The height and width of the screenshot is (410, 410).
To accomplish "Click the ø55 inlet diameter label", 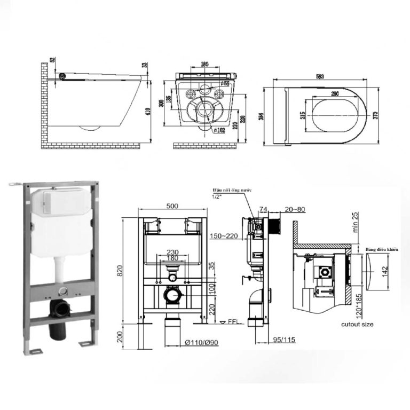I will click(226, 83).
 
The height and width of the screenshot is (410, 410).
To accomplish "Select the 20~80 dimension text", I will click(295, 209).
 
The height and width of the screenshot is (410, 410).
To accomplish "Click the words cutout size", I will click(357, 324).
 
